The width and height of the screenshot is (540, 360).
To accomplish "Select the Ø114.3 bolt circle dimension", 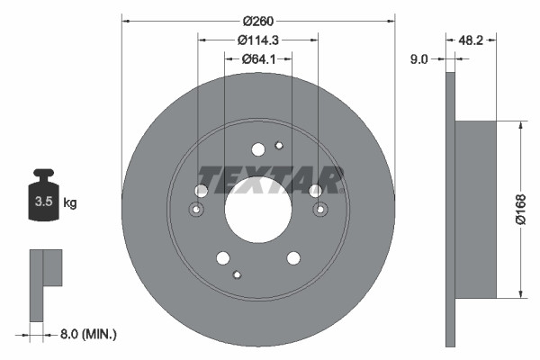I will pyautogui.click(x=258, y=39).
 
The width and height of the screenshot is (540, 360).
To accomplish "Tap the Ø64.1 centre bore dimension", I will pyautogui.click(x=258, y=59).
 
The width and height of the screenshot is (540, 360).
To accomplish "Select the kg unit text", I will pyautogui.click(x=70, y=203).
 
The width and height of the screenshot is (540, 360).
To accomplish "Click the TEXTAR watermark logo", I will pyautogui.click(x=271, y=179).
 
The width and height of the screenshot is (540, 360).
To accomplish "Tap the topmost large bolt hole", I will pyautogui.click(x=258, y=149).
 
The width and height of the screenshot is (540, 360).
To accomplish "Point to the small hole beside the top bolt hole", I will pyautogui.click(x=279, y=147).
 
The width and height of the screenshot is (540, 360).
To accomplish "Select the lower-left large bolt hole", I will pyautogui.click(x=222, y=258).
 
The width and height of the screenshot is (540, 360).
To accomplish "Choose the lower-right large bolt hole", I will pyautogui.click(x=293, y=258).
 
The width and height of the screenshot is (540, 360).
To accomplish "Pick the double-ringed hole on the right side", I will pyautogui.click(x=319, y=210).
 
